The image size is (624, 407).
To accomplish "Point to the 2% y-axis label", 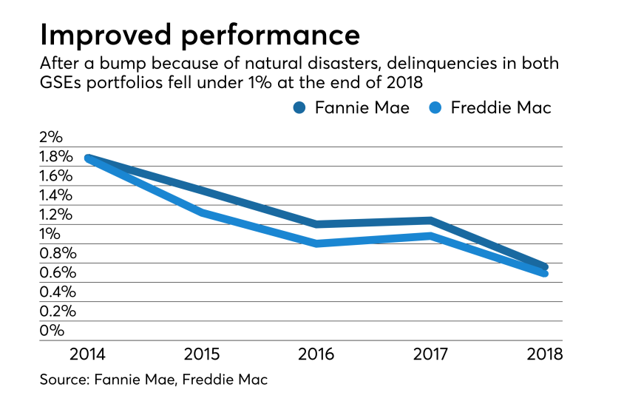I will tap(52, 138).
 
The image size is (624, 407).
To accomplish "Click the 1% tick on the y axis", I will tap(50, 234).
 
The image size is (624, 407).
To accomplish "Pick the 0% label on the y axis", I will tap(52, 330).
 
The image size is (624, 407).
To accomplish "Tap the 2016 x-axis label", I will tap(317, 353).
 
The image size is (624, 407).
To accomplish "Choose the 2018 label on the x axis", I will tap(544, 353).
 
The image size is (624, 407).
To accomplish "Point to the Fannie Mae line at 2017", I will tap(430, 221).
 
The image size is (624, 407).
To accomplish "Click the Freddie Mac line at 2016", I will tap(317, 243).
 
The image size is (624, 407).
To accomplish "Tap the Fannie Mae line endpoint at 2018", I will tap(544, 266).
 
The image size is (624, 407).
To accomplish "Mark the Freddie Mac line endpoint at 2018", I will tap(544, 274).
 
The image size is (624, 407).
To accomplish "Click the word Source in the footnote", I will tap(64, 380).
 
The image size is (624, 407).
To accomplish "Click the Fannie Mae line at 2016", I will tap(317, 224).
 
